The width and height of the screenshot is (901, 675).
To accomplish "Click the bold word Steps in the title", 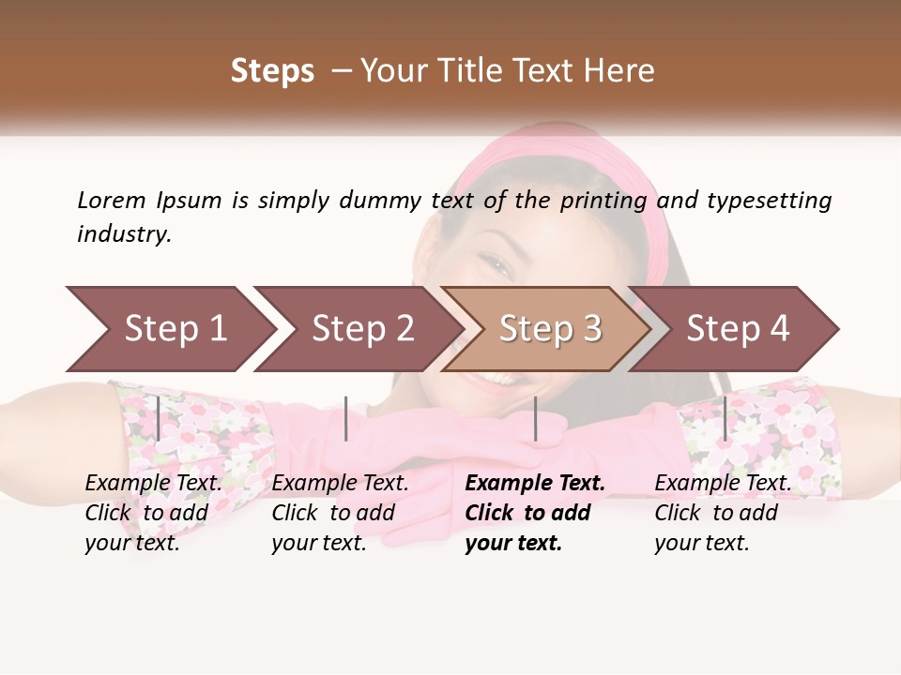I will point(272,71).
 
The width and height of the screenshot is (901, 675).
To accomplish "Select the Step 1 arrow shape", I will point(169,329).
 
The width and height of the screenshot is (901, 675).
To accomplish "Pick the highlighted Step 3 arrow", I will point(549,329).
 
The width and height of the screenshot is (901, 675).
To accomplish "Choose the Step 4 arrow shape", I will point(737,329).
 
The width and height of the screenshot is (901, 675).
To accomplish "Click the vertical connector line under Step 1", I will point(159,418).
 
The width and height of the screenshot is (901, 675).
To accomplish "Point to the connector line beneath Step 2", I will point(346,418).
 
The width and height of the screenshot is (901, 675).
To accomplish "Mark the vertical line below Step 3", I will point(535,418).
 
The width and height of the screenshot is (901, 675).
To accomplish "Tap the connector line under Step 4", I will point(725,418).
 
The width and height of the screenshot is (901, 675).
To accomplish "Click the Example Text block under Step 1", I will point(153,513).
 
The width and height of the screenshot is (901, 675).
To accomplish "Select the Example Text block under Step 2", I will point(340,513).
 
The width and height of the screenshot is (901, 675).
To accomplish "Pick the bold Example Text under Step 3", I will point(534,513).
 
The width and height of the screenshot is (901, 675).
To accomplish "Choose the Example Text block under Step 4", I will point(722,513).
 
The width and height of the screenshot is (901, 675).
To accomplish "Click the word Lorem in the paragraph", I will point(111,200).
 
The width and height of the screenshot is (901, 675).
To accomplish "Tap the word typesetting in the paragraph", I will point(769,201).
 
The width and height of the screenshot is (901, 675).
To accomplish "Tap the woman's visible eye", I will point(500,270).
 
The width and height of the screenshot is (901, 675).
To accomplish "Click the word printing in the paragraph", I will point(603,201).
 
